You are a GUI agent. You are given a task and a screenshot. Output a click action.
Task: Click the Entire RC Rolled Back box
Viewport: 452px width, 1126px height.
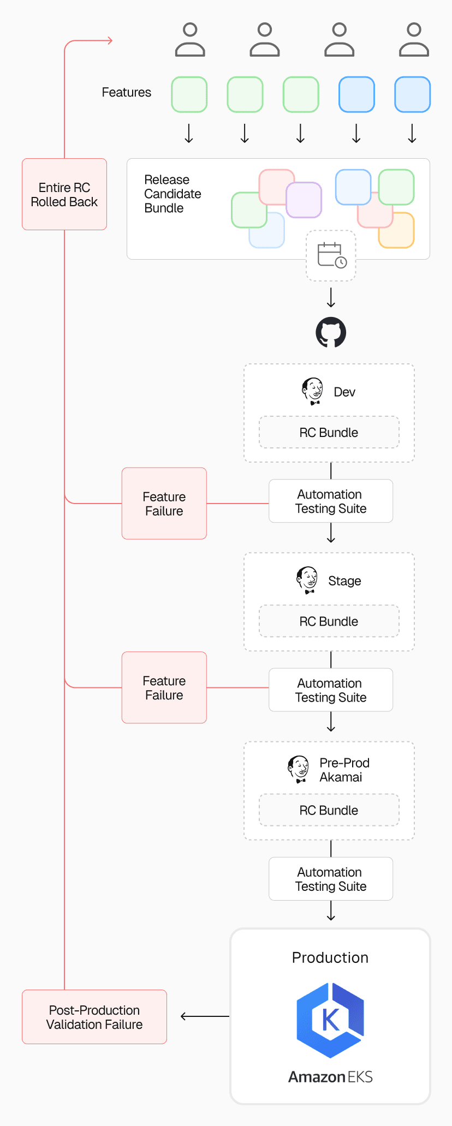(64, 194)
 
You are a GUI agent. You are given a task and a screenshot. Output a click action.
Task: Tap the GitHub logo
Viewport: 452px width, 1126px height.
(331, 332)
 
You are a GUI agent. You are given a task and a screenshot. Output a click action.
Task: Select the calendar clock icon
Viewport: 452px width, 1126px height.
(331, 255)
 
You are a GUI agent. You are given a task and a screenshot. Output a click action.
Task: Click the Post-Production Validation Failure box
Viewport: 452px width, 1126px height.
(94, 1017)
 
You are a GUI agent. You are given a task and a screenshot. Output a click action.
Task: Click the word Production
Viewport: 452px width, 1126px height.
(330, 957)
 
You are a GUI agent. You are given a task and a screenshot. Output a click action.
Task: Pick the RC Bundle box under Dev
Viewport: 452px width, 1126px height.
(329, 433)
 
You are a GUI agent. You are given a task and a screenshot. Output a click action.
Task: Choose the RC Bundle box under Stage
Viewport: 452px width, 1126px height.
(329, 621)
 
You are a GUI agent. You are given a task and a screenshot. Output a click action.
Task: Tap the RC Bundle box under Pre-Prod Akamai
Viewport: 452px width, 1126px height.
(329, 810)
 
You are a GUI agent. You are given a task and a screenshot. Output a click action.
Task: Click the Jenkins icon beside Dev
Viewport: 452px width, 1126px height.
(312, 391)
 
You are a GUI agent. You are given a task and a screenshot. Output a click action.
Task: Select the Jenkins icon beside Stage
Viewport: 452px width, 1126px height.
(307, 580)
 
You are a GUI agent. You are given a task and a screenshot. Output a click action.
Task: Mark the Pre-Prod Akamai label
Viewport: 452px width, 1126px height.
(344, 770)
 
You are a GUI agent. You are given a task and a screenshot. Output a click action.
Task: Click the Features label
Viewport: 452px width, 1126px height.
(127, 92)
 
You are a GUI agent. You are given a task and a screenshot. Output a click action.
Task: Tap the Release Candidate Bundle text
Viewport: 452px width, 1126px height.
(173, 194)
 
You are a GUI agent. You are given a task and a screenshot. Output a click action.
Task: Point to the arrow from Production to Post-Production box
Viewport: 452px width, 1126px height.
(205, 1016)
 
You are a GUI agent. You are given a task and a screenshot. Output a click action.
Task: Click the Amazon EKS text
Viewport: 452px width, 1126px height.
(330, 1077)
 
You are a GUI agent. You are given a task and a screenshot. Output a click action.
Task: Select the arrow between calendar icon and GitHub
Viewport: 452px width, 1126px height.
(331, 298)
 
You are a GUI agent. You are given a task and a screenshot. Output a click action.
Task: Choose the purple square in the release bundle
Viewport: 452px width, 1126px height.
(304, 200)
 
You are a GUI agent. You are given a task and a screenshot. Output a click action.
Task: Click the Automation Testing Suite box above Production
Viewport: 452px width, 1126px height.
(331, 879)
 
